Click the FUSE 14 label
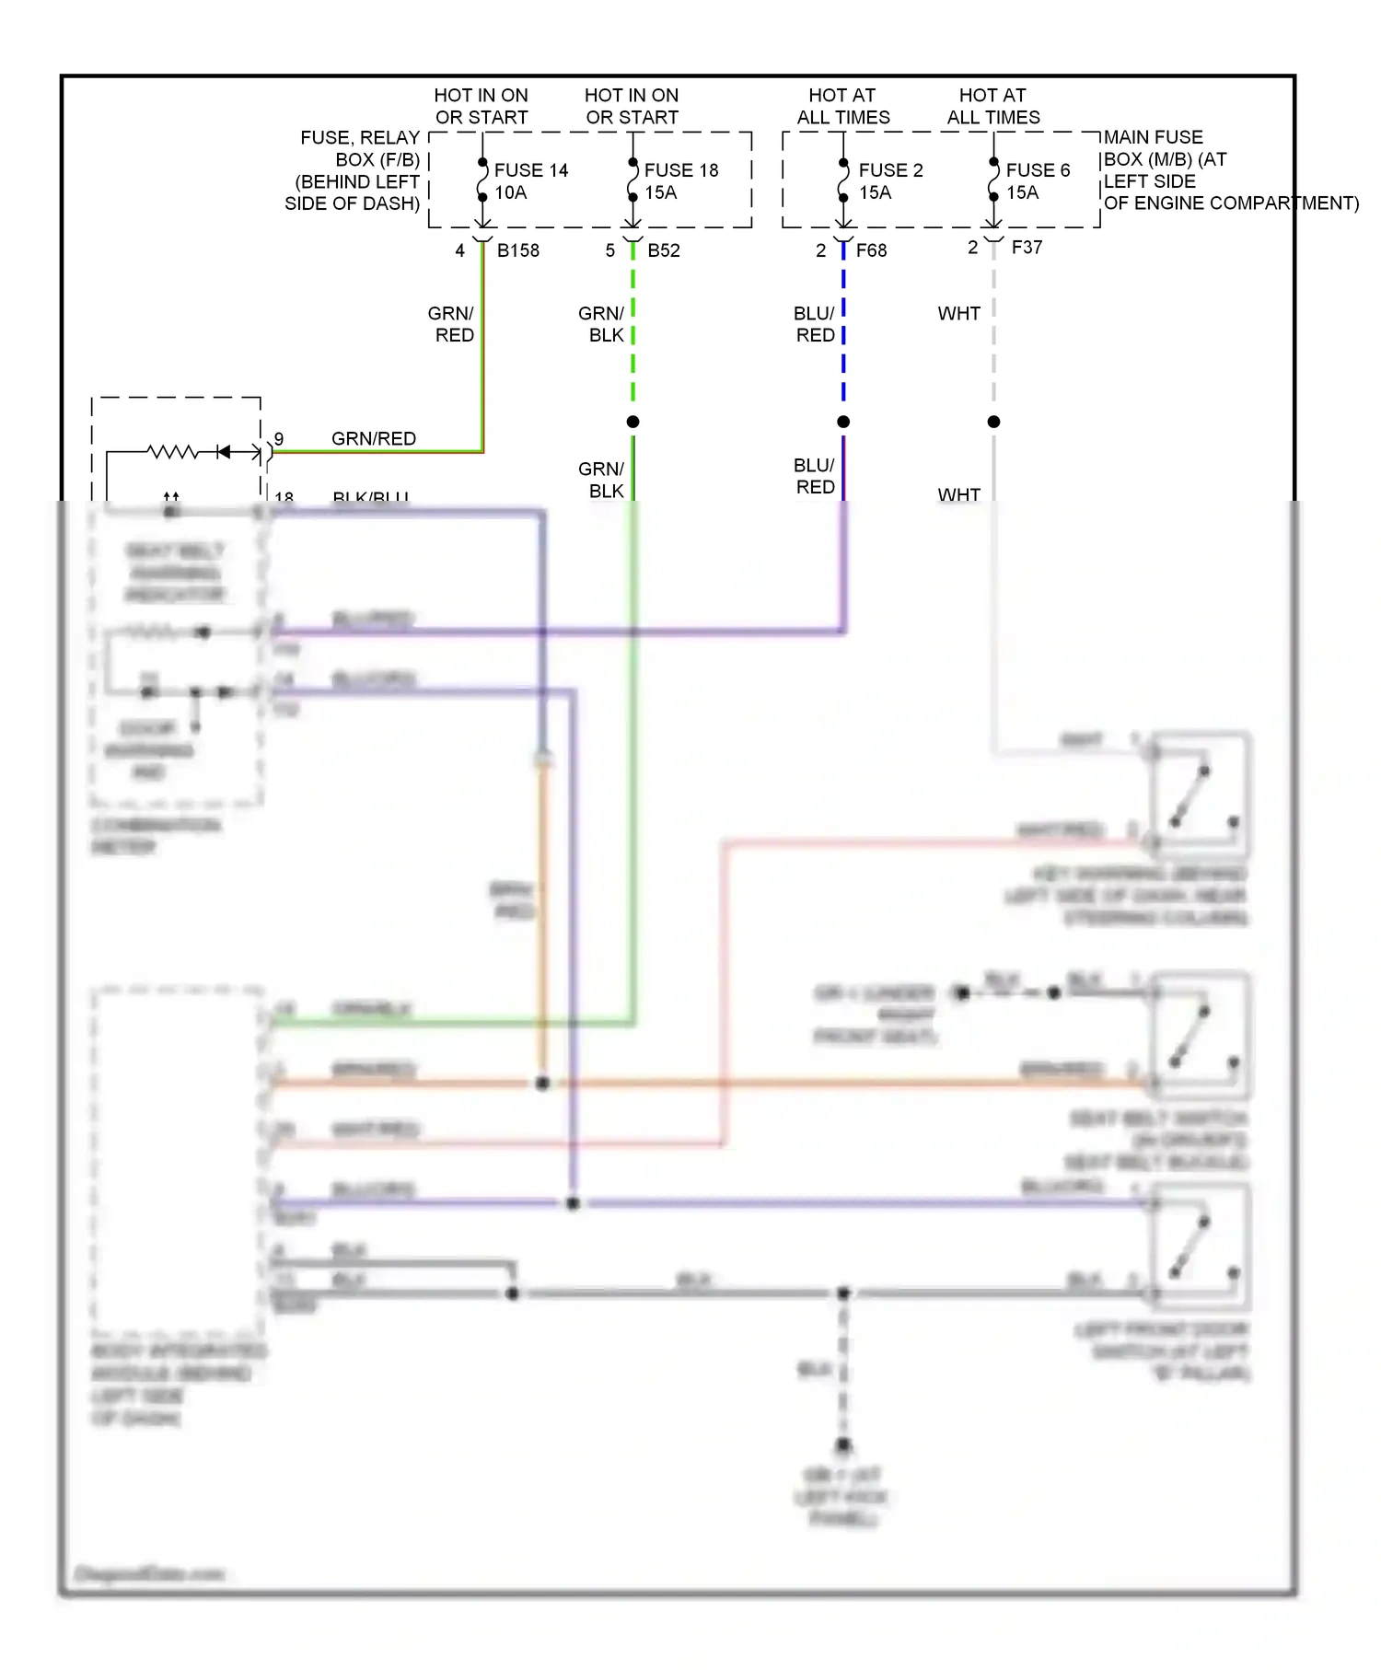pyautogui.click(x=530, y=170)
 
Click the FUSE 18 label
pyautogui.click(x=680, y=170)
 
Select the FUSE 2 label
pyautogui.click(x=890, y=170)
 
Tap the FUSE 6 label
pyautogui.click(x=1038, y=170)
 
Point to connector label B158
pyautogui.click(x=518, y=250)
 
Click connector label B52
pyautogui.click(x=664, y=250)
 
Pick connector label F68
pyautogui.click(x=871, y=250)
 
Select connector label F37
pyautogui.click(x=1027, y=248)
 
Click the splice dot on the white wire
pyautogui.click(x=993, y=422)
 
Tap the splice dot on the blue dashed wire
pyautogui.click(x=843, y=422)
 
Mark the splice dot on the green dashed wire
pyautogui.click(x=632, y=422)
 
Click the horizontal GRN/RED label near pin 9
pyautogui.click(x=374, y=439)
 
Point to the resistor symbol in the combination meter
pyautogui.click(x=173, y=452)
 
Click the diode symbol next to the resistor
pyautogui.click(x=223, y=452)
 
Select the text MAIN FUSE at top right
pyautogui.click(x=1153, y=137)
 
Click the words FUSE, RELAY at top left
pyautogui.click(x=360, y=138)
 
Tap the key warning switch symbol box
pyautogui.click(x=1201, y=794)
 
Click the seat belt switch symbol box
pyautogui.click(x=1201, y=1035)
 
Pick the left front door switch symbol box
pyautogui.click(x=1201, y=1247)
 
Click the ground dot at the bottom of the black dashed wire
pyautogui.click(x=843, y=1444)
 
